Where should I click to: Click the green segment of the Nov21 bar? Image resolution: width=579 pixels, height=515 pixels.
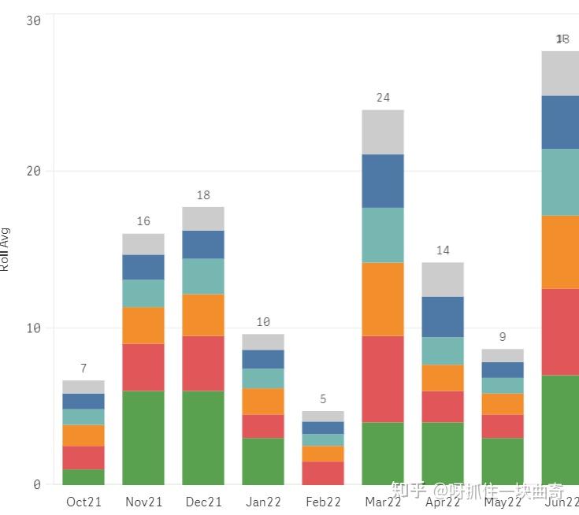[143, 437]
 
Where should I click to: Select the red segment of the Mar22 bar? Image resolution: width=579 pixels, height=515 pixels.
[383, 379]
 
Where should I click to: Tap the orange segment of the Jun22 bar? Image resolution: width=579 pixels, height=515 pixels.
[560, 251]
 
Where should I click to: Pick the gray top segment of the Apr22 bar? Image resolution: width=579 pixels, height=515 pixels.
[443, 279]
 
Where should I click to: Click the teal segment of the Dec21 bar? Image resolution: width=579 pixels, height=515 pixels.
[203, 276]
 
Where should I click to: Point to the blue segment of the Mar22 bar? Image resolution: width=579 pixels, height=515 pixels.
[383, 180]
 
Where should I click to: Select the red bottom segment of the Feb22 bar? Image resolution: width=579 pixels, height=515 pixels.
[323, 472]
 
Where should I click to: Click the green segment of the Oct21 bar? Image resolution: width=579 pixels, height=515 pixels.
[84, 476]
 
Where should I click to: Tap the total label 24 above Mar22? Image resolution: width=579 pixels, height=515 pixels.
[383, 98]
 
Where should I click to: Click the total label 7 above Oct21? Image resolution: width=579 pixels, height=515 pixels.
[84, 369]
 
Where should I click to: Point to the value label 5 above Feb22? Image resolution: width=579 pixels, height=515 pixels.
[323, 399]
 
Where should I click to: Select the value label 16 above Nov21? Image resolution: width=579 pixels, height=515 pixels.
[143, 221]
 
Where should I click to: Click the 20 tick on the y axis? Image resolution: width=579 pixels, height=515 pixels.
[33, 171]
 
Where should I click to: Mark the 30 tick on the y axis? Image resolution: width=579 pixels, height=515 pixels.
[33, 21]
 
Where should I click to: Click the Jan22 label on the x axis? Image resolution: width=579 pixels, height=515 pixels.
[263, 502]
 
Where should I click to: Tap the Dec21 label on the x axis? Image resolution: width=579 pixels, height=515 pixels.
[203, 502]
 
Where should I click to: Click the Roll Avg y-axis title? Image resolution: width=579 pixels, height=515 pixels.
[5, 249]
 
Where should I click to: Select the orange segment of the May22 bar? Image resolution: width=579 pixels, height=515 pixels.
[503, 403]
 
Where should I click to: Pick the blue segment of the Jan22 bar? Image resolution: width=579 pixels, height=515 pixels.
[263, 359]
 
